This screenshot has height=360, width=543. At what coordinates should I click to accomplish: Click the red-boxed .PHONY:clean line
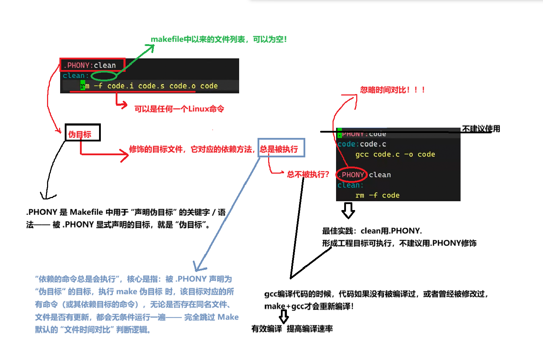92,65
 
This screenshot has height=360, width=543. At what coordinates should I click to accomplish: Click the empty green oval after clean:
104,76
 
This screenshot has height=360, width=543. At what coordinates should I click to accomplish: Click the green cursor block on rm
82,86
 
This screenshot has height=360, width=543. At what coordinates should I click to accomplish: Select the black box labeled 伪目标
82,133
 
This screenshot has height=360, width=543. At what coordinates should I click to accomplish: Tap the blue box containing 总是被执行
281,148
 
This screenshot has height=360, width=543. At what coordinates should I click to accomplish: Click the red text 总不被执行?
308,174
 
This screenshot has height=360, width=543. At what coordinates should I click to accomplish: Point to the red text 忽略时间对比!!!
392,90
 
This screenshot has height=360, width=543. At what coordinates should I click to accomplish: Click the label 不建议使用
481,129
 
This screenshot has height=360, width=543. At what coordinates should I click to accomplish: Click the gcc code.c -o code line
395,155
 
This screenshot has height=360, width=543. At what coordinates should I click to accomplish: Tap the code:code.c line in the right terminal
362,144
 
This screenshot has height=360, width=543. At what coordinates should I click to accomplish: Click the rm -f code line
377,196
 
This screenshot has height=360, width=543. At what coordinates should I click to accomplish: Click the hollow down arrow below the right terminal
348,210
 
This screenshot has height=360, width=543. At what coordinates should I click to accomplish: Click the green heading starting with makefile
218,39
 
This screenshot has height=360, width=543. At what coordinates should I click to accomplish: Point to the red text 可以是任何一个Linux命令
179,109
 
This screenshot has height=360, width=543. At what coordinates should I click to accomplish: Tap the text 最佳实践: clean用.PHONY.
371,231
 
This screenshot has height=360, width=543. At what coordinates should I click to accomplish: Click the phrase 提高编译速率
310,329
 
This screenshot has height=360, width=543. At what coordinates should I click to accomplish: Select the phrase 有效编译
266,329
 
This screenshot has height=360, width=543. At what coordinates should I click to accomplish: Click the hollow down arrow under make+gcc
284,316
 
